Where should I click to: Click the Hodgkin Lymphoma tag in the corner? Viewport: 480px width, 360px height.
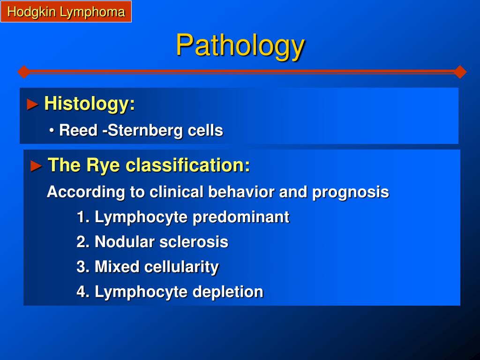[x=66, y=11]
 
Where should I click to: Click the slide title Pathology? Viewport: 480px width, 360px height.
[x=240, y=45]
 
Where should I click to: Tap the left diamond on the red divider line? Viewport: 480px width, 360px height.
[x=24, y=72]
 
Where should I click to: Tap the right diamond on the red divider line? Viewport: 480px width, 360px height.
[x=460, y=72]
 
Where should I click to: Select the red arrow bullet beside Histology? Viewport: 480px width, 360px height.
[x=32, y=105]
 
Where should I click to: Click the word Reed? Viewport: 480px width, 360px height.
[x=78, y=130]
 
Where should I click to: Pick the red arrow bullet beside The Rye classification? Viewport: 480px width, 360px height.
[x=36, y=166]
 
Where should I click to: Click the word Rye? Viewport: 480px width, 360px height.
[x=103, y=165]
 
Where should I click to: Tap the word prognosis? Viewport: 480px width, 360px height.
[x=351, y=193]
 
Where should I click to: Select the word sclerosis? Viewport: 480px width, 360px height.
[x=194, y=242]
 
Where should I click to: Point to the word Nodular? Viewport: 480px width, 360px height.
[x=124, y=242]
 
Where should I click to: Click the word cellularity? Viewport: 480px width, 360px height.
[x=181, y=267]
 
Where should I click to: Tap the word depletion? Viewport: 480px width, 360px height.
[x=228, y=292]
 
